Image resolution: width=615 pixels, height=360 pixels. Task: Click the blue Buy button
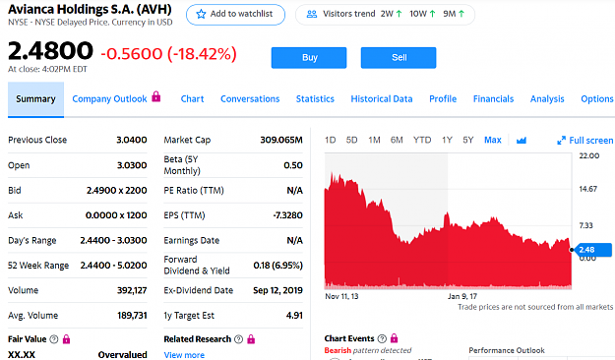pos(309,58)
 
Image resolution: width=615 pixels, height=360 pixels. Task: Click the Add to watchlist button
pos(235,15)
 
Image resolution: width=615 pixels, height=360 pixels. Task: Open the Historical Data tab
pos(382,98)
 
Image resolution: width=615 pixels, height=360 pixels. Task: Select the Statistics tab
pos(315,98)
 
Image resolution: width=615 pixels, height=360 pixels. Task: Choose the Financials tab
pos(493,98)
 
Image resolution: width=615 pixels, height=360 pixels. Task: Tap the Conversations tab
pos(250,98)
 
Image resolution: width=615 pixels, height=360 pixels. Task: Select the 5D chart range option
pos(351,140)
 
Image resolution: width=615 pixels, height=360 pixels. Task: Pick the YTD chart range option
pos(422,140)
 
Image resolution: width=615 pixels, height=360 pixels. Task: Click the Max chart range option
pos(493,140)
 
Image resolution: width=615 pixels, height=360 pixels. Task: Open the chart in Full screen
pos(584,141)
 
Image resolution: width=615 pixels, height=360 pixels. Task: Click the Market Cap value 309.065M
pos(281,140)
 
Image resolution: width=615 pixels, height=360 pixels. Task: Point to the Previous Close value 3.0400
pos(132,140)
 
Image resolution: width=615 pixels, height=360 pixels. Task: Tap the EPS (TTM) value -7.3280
pos(288,215)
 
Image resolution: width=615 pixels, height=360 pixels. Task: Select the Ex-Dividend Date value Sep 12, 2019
pos(277,290)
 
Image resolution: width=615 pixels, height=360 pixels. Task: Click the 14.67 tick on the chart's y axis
pos(587,189)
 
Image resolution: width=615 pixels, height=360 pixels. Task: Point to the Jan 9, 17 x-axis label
pos(462,296)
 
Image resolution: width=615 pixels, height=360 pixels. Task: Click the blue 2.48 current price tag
pos(592,250)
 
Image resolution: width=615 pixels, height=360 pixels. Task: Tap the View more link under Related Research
pos(184,355)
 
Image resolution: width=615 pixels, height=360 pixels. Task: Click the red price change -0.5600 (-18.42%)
pos(168,54)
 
